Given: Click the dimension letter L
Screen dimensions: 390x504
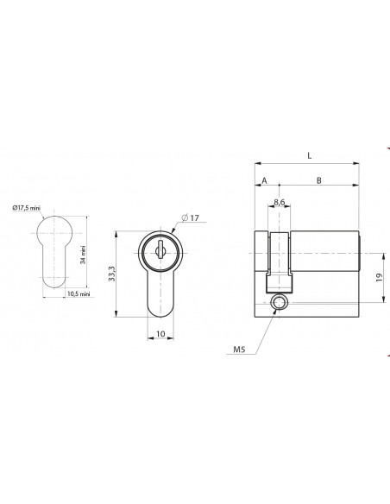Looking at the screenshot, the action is tap(310, 156).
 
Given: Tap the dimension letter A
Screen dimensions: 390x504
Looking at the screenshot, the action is tap(264, 180).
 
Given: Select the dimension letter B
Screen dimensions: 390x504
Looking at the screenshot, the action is tap(318, 180).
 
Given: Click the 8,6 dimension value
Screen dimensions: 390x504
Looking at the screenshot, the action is tap(280, 202).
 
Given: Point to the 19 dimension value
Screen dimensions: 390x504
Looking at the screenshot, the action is tap(379, 277).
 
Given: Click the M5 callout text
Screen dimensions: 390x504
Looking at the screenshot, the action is tap(239, 349).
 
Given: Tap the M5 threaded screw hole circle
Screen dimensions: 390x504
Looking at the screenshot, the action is tap(278, 302).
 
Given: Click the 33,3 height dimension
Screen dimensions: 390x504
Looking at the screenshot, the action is tap(111, 274).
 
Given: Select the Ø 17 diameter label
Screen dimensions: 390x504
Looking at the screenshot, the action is tap(190, 218).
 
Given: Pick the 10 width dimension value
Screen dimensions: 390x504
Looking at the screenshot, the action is tap(160, 334).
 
